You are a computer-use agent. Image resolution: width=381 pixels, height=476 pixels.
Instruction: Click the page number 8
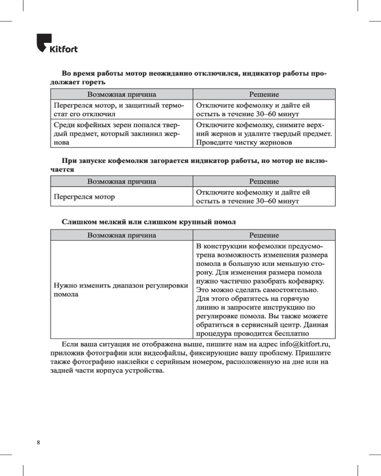point(38,443)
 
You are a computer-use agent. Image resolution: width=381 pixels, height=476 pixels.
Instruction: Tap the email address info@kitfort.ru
point(305,344)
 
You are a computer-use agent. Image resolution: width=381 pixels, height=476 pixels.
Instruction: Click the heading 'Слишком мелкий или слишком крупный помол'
point(148,222)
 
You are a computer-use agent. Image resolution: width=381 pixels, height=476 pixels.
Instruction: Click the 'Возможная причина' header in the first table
point(121,95)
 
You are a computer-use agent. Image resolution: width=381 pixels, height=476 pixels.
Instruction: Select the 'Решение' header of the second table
point(264,182)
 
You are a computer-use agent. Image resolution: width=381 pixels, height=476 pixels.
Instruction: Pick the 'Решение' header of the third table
point(264,235)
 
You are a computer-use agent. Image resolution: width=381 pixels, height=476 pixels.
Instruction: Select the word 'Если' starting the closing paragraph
point(70,344)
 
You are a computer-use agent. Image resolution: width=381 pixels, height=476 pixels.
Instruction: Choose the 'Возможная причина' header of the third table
point(121,235)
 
